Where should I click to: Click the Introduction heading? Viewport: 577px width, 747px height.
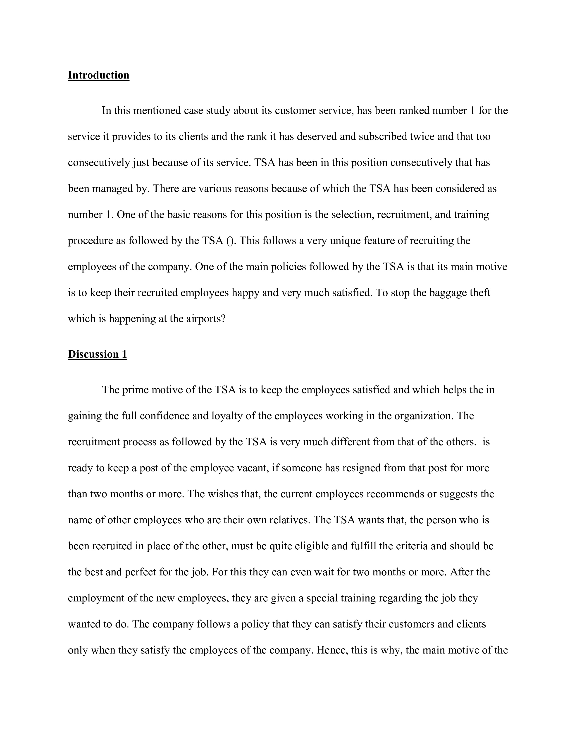pyautogui.click(x=98, y=75)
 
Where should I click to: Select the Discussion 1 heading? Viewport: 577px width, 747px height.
pyautogui.click(x=98, y=354)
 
